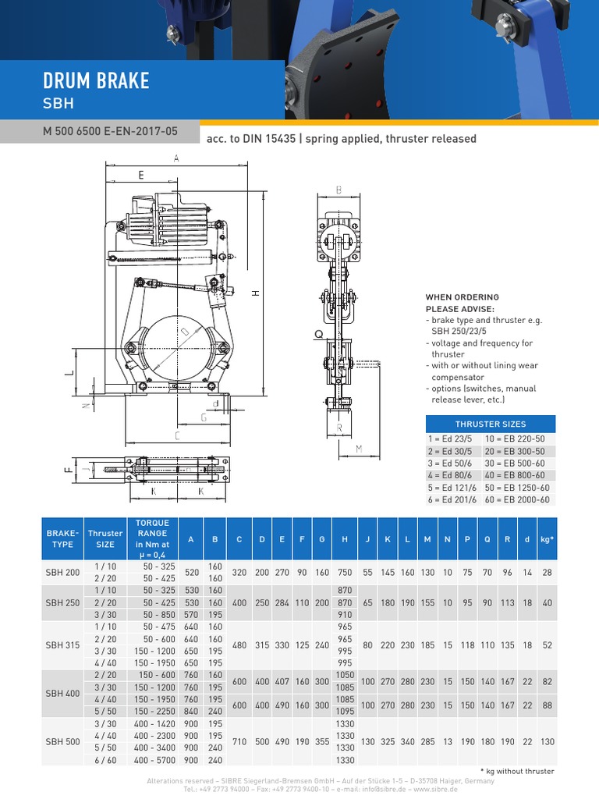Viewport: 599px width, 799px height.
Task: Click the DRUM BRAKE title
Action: point(97,81)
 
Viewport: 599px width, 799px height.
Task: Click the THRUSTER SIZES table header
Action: point(491,424)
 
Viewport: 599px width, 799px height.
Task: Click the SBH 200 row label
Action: point(62,572)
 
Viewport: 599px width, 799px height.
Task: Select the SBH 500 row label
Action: point(62,741)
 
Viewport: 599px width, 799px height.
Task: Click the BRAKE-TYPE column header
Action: point(62,538)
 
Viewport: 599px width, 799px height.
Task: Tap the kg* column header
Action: point(548,538)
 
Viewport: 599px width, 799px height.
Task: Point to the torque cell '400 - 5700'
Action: point(153,760)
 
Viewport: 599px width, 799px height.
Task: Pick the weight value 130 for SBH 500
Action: point(548,741)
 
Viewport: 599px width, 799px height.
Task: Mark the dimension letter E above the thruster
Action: point(141,176)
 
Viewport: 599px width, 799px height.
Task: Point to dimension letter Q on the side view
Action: point(318,334)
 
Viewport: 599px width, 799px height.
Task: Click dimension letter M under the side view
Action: point(360,448)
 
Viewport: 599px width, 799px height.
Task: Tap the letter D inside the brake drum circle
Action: point(186,332)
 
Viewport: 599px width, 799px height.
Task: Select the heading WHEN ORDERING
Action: point(462,297)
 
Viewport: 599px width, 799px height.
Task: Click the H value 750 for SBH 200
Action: point(344,572)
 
